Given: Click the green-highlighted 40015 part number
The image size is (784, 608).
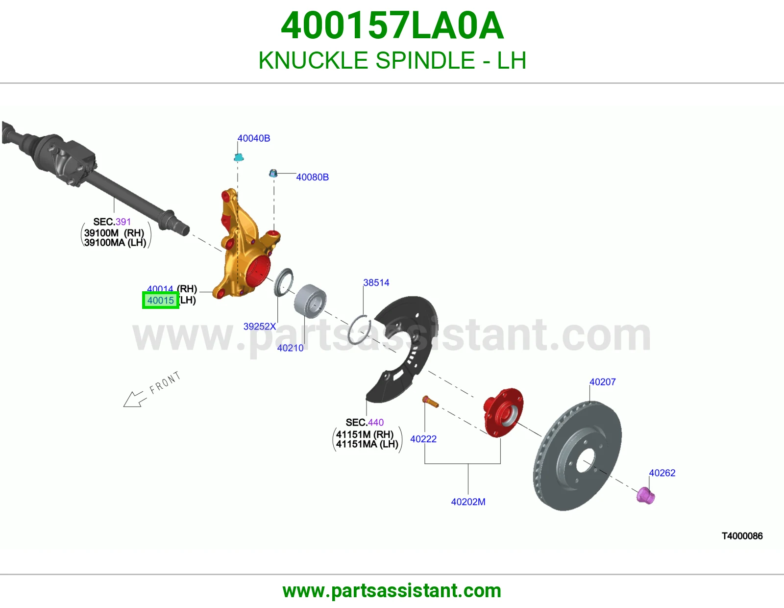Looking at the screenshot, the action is coord(161,301).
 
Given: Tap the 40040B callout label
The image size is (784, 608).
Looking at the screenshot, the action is coord(254,138).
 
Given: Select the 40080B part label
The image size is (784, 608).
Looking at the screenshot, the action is coord(313,177).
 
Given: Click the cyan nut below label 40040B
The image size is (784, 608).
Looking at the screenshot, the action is coord(239,157).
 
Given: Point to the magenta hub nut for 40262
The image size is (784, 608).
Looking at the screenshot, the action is coord(645,495).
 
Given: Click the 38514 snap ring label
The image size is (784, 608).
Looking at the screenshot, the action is coord(376,283).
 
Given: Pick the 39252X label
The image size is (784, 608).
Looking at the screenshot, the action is coord(260,327).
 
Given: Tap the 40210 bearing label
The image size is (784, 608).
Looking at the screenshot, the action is coord(291,348).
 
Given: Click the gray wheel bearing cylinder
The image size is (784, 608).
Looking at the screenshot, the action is coord(310,301).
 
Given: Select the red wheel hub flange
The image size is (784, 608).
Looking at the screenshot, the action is coord(503,412).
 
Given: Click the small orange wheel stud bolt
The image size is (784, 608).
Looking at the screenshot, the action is coord(430,401).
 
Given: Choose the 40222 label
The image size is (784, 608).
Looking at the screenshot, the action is coord(423,439).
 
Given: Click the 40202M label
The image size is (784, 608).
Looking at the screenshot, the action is coord(468,502).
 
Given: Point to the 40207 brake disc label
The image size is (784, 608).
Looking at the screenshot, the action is coord(603,382).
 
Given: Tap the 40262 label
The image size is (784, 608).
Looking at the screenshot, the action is coord(662,473).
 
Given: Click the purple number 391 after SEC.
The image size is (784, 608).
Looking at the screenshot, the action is coord(123,222).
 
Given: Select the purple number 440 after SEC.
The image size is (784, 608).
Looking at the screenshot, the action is coord(375,423).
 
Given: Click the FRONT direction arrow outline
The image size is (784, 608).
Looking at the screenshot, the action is coord(135,399).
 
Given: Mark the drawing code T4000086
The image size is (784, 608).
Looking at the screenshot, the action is coord(742,536).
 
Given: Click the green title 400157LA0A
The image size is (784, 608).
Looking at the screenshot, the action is coord(392,25).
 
